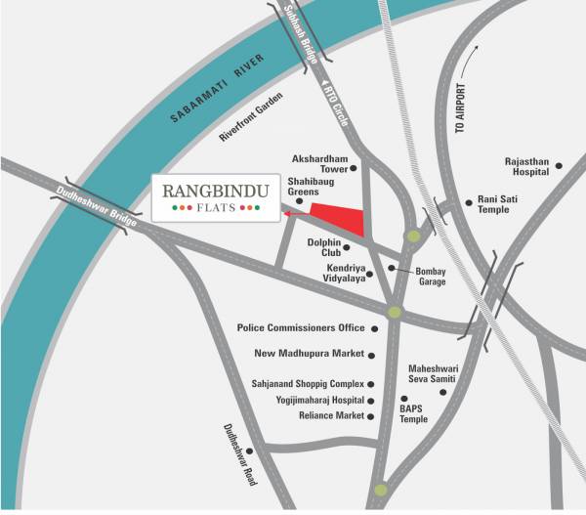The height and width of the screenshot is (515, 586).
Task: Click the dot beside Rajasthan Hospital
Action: tap(559, 166)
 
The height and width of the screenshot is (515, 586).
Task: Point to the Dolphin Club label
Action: tap(321, 247)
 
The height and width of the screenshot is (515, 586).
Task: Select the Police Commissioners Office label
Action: tap(301, 327)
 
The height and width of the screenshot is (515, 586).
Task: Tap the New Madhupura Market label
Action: tap(309, 354)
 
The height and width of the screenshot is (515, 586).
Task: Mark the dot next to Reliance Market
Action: tap(372, 416)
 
